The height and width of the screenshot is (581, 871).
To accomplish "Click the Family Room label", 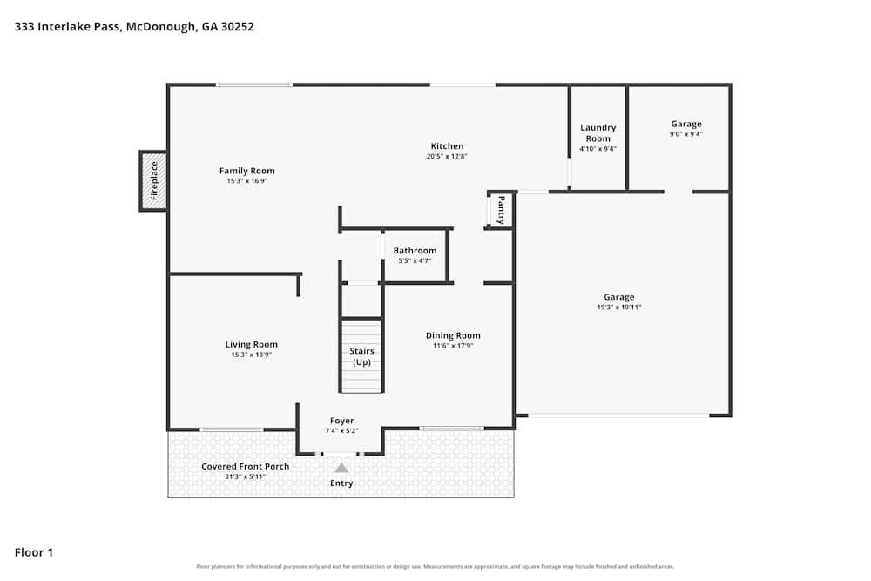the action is click(x=246, y=171).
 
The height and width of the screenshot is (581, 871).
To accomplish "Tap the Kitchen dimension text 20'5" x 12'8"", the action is click(x=447, y=156).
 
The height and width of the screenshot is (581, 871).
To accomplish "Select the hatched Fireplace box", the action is click(x=154, y=181).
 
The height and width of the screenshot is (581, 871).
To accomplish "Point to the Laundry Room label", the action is click(x=598, y=132).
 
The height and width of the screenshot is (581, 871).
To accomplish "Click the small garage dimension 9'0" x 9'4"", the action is click(x=686, y=134).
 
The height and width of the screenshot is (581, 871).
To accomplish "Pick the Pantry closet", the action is click(x=500, y=209).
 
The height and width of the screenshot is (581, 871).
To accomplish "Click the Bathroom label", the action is click(x=415, y=251).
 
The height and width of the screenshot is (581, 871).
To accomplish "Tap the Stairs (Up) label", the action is click(x=361, y=356).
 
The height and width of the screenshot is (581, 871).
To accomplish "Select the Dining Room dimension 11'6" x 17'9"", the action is click(x=453, y=346).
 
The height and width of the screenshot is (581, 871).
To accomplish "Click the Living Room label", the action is click(x=251, y=344).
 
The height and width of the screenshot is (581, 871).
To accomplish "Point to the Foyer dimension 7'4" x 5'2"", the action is click(x=341, y=430).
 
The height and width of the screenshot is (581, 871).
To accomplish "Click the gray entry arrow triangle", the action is click(x=341, y=468).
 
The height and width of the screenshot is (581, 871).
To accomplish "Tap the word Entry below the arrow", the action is click(x=341, y=483).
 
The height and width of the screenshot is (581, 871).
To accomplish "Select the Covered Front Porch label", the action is click(x=245, y=467).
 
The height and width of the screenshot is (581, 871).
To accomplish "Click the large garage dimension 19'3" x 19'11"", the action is click(x=618, y=307).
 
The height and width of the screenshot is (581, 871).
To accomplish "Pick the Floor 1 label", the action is click(x=34, y=552).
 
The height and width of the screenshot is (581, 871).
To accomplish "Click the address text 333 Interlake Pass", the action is click(x=67, y=27).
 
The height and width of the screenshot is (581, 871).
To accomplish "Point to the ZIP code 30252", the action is click(x=238, y=27).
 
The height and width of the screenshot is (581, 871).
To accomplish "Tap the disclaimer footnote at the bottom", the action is click(x=435, y=566).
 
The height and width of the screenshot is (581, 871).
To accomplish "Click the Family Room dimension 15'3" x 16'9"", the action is click(x=246, y=181).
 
